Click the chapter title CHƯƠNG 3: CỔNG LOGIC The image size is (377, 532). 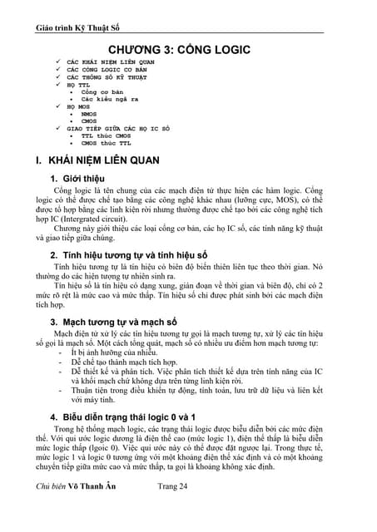(188, 51)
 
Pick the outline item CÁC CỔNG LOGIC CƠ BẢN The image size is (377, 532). (113, 71)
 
